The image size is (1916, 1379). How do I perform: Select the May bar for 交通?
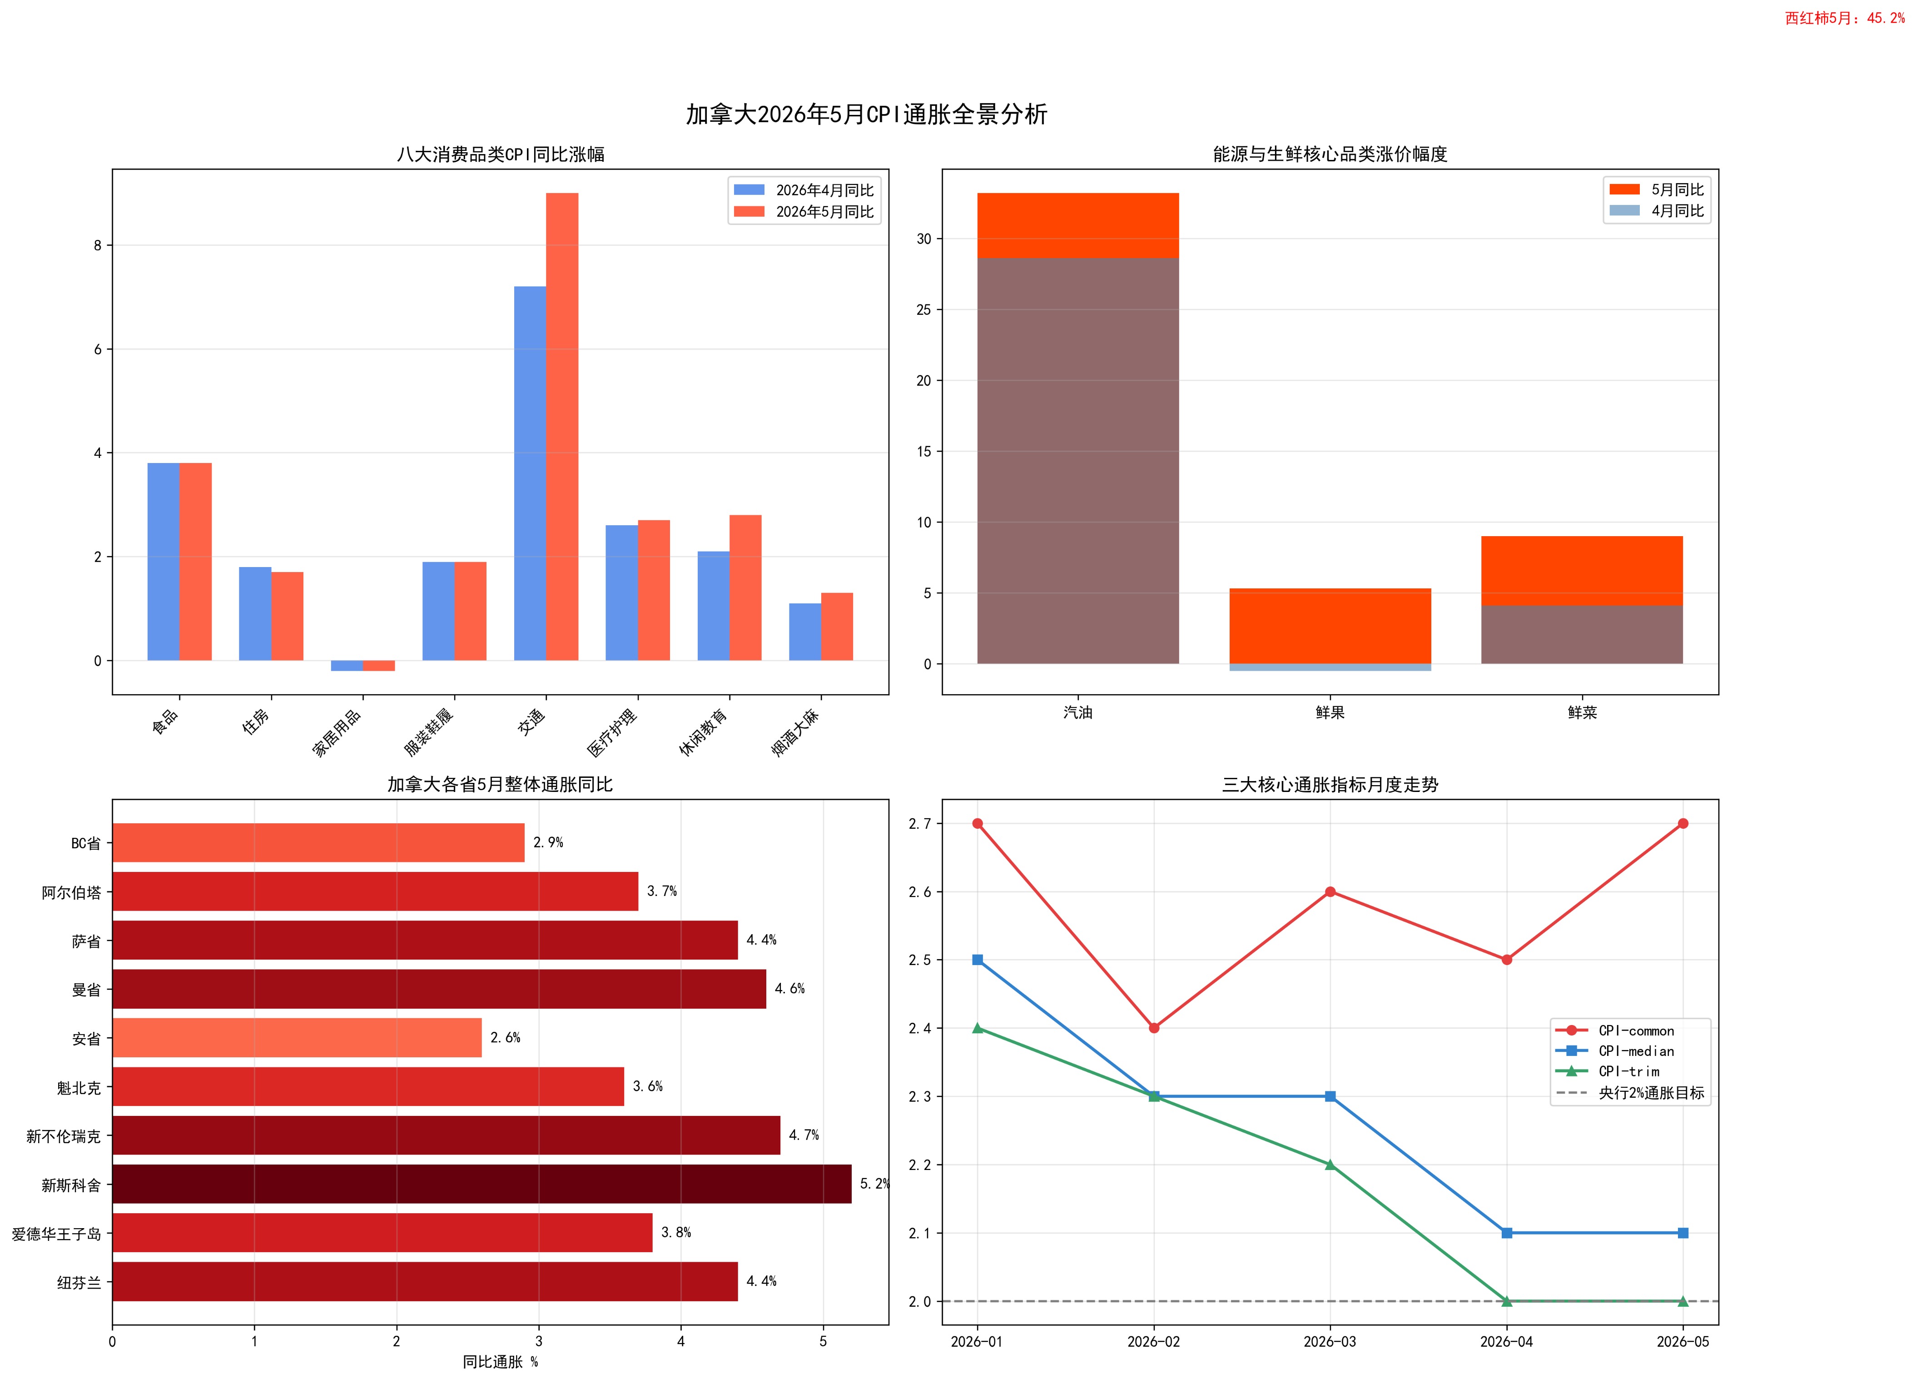click(x=562, y=427)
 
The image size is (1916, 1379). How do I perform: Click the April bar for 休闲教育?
click(x=713, y=606)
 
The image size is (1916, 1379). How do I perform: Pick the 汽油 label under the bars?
click(x=1078, y=712)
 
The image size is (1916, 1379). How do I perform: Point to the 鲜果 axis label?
click(x=1330, y=712)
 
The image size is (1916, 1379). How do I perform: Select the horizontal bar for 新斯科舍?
click(x=481, y=1184)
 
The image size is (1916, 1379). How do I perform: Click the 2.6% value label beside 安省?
click(x=505, y=1038)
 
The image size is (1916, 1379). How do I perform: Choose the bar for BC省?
click(x=318, y=842)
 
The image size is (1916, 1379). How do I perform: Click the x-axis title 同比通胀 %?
click(x=500, y=1362)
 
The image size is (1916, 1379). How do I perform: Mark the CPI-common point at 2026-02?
click(x=1154, y=1027)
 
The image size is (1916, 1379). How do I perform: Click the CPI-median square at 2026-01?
click(x=978, y=960)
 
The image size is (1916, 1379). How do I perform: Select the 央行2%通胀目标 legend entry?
click(x=1630, y=1093)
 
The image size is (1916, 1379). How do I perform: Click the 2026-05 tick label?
click(x=1683, y=1342)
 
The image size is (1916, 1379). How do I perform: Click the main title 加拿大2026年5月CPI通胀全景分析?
click(x=867, y=114)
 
